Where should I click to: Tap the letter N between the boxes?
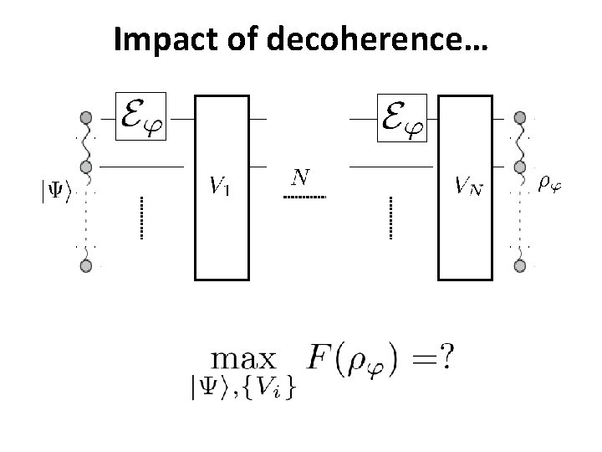[x=301, y=177]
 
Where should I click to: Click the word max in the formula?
[x=244, y=361]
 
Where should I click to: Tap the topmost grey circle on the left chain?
[x=85, y=117]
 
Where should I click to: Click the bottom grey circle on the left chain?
[x=85, y=266]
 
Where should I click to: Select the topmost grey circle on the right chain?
[x=520, y=117]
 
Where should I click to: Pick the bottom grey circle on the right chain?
[x=520, y=266]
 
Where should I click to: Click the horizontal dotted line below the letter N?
[x=304, y=197]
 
